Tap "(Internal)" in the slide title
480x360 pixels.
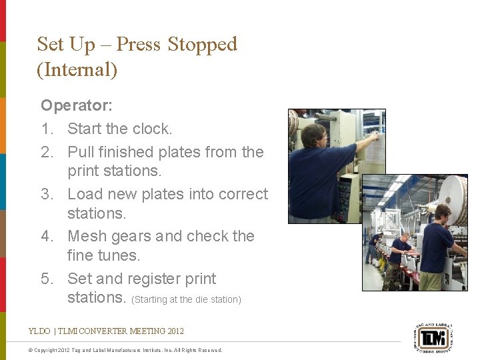(x=77, y=69)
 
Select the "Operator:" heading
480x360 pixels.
(x=77, y=105)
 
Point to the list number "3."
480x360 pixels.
(x=47, y=194)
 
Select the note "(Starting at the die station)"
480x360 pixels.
(x=186, y=299)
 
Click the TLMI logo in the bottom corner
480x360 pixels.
(x=434, y=336)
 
